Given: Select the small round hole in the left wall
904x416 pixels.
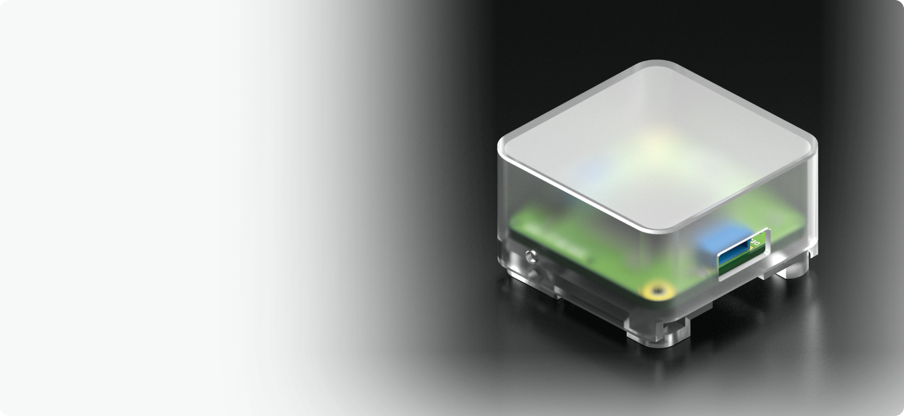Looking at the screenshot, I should [x=531, y=257].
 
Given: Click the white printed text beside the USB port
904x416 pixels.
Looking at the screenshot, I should [x=757, y=242].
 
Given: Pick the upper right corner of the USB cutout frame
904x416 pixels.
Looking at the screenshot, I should [x=768, y=231].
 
